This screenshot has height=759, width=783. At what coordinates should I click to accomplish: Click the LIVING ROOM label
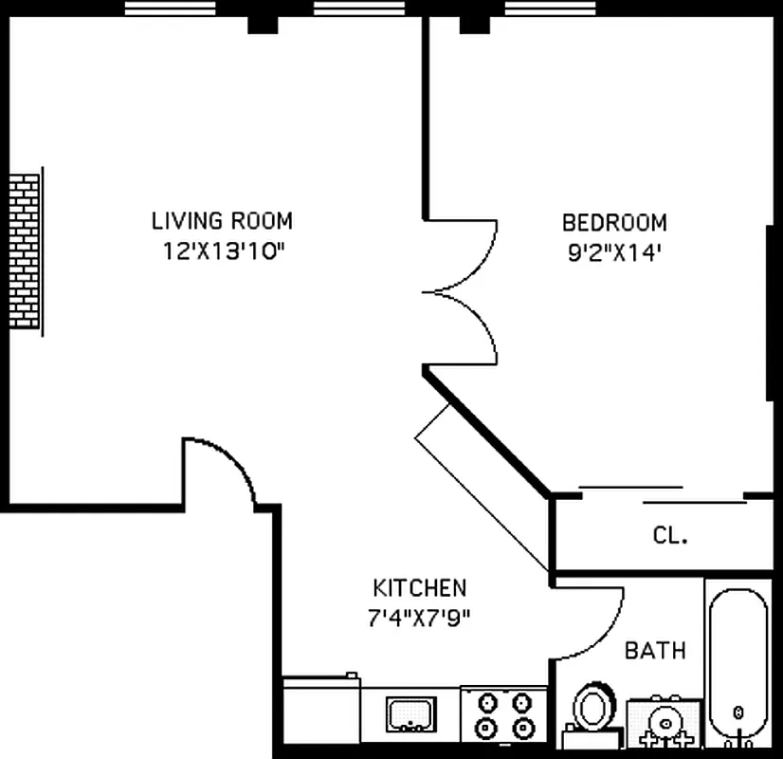point(222,221)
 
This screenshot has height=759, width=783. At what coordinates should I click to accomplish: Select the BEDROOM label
point(614,223)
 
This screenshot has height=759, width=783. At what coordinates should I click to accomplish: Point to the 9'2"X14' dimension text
point(614,252)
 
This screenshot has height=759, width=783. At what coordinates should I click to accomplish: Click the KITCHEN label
point(419,587)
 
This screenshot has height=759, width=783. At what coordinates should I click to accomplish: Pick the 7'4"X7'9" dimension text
point(419,617)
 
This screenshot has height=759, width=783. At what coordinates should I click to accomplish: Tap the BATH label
point(655,651)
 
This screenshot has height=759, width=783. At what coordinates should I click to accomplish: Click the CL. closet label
point(670,535)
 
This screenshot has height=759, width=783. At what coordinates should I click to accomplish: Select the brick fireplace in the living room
point(26,251)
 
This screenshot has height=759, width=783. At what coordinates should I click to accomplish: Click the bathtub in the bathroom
point(738,669)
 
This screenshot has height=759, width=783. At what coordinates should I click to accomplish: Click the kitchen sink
point(410,712)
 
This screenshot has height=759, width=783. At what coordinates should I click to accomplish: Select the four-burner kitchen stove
point(503,714)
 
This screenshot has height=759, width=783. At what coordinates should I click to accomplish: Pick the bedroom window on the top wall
point(541,9)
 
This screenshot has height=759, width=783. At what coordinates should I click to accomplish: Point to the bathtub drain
point(737,712)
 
